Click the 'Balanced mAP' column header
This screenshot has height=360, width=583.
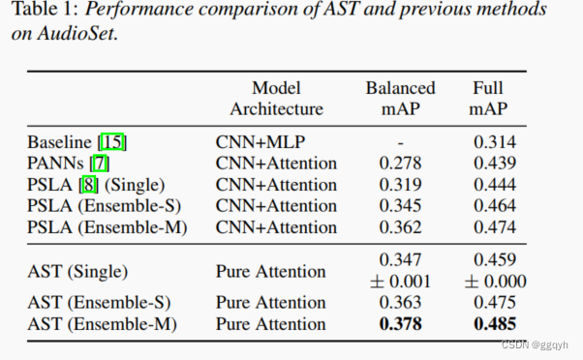click(x=400, y=98)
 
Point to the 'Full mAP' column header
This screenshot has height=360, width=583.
click(x=490, y=98)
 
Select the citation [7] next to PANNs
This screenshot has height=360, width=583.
click(x=100, y=164)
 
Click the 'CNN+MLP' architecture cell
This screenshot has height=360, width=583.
click(x=254, y=142)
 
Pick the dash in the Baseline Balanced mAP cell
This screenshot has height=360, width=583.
click(x=401, y=142)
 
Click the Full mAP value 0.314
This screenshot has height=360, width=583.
click(x=494, y=142)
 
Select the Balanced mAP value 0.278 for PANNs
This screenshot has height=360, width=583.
click(x=400, y=164)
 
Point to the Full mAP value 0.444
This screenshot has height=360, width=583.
click(x=494, y=185)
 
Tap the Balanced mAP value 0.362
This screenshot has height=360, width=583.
click(x=400, y=227)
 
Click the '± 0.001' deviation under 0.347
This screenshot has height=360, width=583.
click(x=400, y=282)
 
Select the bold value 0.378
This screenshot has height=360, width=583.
click(x=401, y=324)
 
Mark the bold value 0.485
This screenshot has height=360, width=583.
click(x=495, y=324)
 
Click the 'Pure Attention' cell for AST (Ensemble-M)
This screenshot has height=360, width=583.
click(x=270, y=324)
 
